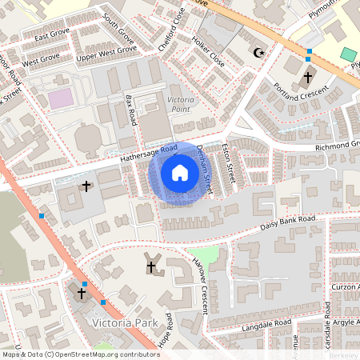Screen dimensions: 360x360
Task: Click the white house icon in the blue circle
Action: coord(179,173)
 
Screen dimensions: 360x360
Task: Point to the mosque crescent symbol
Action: coord(258,53)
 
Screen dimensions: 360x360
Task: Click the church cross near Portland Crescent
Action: coord(308,78)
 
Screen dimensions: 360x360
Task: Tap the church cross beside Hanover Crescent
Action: coord(150,266)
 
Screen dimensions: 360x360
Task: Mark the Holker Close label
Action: coord(206,50)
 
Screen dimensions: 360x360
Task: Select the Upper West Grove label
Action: coord(106,54)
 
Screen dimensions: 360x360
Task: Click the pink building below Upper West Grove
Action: coord(59,98)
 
